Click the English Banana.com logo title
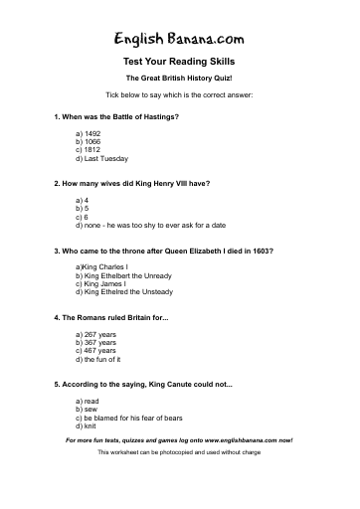coord(179,39)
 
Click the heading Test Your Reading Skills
coord(179,63)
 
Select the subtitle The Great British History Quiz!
coord(179,78)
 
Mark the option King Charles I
coord(100,268)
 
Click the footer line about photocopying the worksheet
coord(179,452)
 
